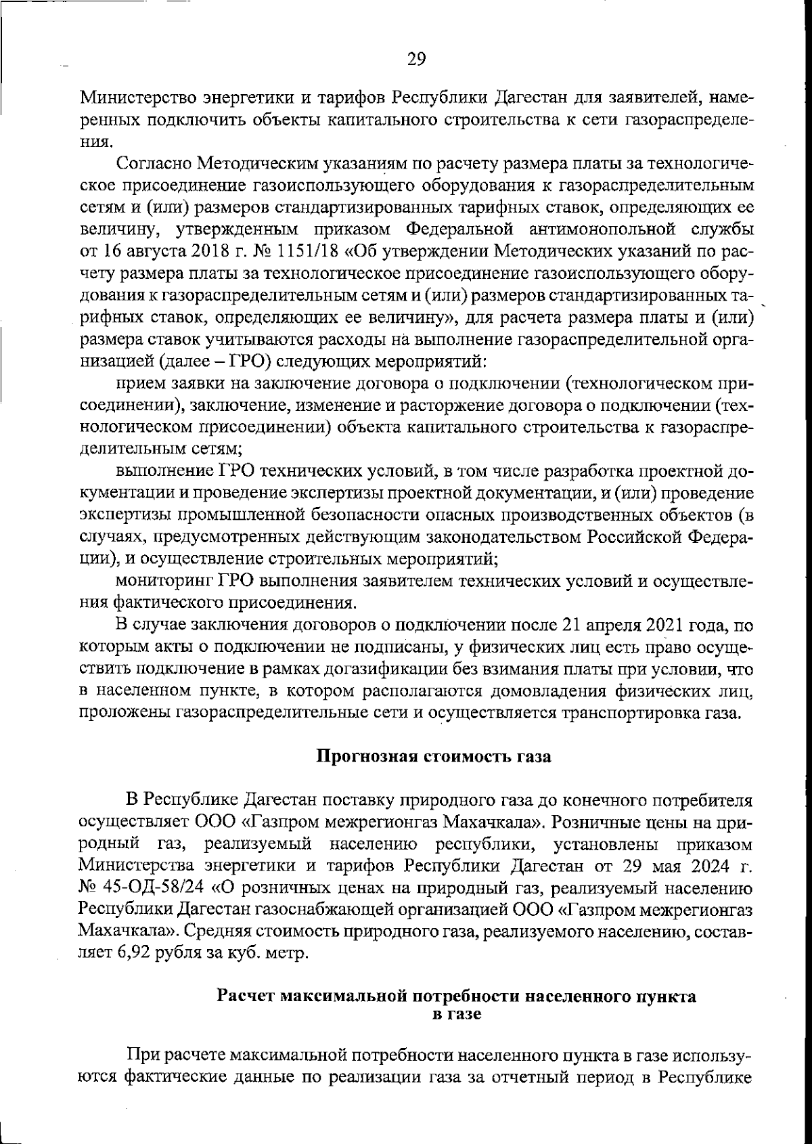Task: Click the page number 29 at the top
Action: [x=416, y=59]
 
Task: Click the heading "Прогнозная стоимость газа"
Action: [x=434, y=756]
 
